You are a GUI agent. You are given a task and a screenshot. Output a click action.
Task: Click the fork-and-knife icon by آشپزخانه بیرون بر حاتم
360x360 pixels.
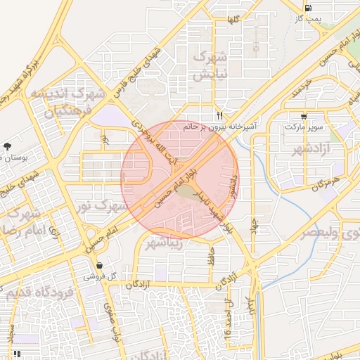219,115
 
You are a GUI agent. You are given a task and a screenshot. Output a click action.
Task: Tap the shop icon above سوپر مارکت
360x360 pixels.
304,116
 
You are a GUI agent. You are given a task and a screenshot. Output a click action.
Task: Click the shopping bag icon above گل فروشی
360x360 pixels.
99,266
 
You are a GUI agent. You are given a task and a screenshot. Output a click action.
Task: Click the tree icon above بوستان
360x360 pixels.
7,146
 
